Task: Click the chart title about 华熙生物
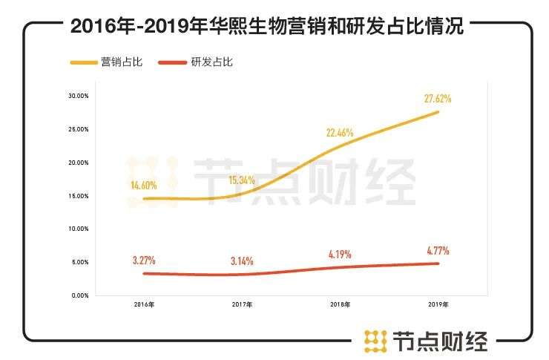[267, 28]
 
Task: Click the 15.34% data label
[243, 180]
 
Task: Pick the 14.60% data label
[141, 186]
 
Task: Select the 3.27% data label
[143, 261]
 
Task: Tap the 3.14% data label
[243, 261]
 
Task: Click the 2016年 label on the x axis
[144, 305]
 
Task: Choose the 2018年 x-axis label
[341, 305]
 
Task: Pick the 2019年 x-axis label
[438, 305]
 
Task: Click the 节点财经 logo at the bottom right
[426, 340]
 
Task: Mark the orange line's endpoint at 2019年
[438, 112]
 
